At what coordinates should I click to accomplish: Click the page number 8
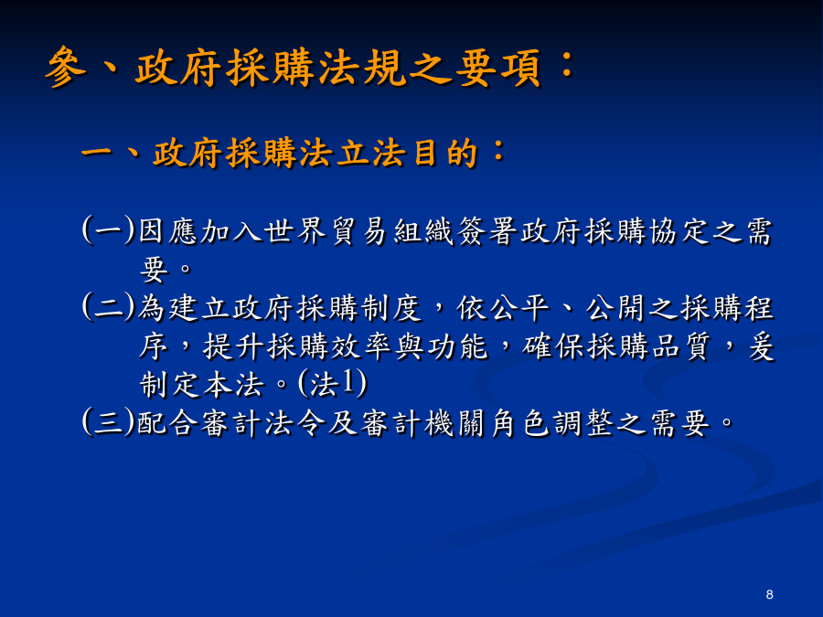coord(769,594)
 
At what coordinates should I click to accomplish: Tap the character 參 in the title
coord(66,67)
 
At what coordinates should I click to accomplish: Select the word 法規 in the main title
coord(363,68)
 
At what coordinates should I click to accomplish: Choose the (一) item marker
coord(109,230)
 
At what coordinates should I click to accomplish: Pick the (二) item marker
coord(109,307)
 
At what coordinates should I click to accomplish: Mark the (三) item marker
coord(109,422)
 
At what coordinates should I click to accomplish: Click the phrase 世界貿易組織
coord(359,231)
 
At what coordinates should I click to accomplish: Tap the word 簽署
coord(487,231)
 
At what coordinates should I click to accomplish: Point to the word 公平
coord(519,307)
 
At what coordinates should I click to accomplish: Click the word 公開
coord(615,307)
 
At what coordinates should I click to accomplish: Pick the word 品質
coord(680,346)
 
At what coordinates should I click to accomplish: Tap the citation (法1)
coord(332,384)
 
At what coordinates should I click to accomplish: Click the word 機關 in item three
coord(455,423)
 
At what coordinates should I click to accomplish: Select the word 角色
coord(519,423)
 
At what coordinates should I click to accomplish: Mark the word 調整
coord(583,423)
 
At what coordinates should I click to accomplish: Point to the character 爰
coord(760,346)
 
